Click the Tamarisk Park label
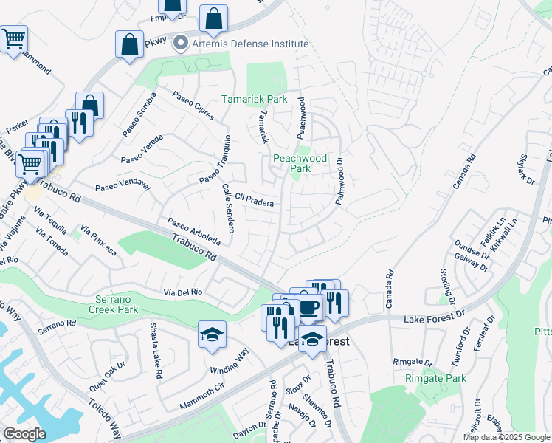click(255, 99)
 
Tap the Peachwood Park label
click(300, 163)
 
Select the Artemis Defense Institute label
click(250, 44)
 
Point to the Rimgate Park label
click(436, 378)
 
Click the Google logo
click(24, 433)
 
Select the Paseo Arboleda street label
click(193, 232)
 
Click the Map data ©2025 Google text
click(506, 437)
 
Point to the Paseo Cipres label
click(193, 105)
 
